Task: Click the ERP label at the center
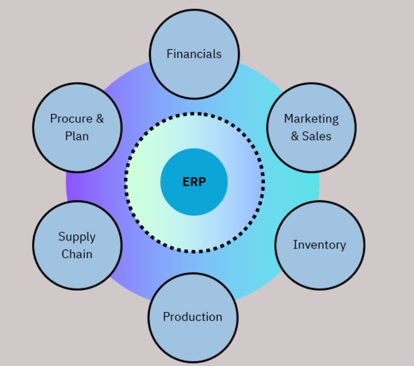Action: (x=194, y=182)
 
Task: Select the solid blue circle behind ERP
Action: (x=194, y=201)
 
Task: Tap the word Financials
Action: (x=194, y=54)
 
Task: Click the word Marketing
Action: (x=311, y=119)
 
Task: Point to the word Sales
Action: (x=317, y=136)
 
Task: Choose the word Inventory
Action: (x=319, y=245)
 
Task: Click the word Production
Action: (x=192, y=317)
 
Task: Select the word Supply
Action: (x=77, y=237)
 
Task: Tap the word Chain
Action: (x=77, y=254)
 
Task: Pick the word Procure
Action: (x=71, y=119)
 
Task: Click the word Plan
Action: (x=77, y=136)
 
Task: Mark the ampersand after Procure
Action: (x=100, y=119)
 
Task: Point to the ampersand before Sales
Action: (x=295, y=136)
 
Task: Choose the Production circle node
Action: (x=192, y=340)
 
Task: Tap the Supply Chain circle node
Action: (x=77, y=274)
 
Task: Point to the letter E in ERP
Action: (x=186, y=182)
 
